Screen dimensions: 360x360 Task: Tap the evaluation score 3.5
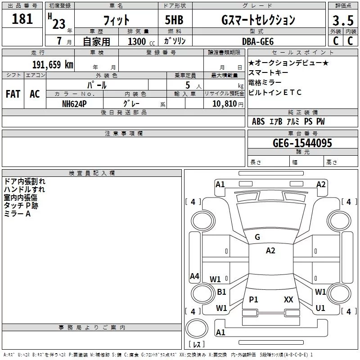pos(342,20)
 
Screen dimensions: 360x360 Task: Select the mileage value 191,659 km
pos(53,64)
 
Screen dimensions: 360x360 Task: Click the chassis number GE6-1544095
pos(302,144)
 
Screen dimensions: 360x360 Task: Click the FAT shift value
pos(13,94)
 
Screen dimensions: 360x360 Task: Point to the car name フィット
pos(116,20)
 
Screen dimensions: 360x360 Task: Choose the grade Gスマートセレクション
pos(258,20)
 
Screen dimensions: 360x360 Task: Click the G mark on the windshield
pos(257,237)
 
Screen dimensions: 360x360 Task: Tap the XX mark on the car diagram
pos(288,299)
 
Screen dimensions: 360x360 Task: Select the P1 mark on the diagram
pos(254,299)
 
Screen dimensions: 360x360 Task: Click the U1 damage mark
pos(320,308)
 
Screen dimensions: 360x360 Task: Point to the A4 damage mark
pos(194,276)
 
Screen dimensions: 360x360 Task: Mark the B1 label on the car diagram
pos(221,292)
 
